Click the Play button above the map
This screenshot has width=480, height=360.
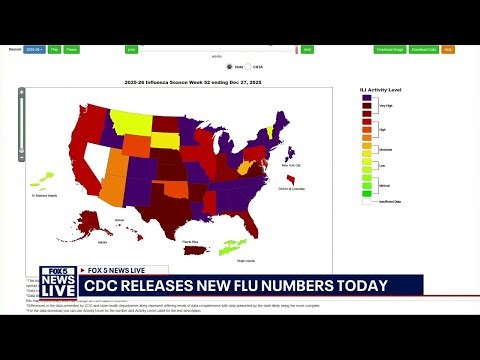pos(55,48)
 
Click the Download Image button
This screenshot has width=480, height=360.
pos(390,48)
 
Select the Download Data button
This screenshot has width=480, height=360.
pos(424,48)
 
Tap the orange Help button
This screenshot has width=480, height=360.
pos(448,48)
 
